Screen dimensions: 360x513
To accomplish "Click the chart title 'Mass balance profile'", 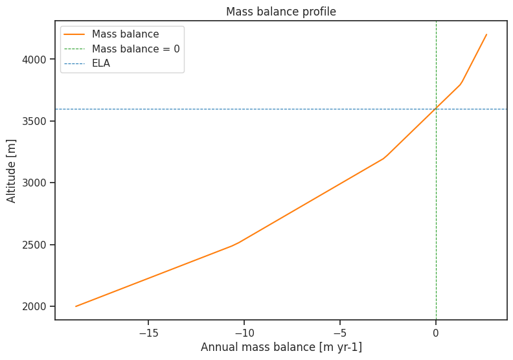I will [280, 12].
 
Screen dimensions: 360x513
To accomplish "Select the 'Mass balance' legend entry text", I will [125, 34].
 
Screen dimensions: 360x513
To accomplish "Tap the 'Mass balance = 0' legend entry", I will [135, 49].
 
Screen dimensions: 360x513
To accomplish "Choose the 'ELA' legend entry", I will [101, 63].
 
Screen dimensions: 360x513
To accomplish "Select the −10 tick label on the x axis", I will [244, 333].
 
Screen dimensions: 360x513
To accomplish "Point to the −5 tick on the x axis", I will [340, 333].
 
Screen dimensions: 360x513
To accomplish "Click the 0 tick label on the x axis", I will [436, 333].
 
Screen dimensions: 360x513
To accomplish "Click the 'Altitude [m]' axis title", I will [12, 170].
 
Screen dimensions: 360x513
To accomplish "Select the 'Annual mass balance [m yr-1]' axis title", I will [281, 347].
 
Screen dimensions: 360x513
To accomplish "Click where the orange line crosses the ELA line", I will [436, 109].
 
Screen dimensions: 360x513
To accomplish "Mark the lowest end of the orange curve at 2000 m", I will [76, 306].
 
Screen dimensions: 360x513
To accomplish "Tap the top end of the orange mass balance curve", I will [486, 34].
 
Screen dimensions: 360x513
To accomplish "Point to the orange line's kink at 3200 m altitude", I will [383, 158].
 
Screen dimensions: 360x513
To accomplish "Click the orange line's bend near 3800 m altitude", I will [461, 84].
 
